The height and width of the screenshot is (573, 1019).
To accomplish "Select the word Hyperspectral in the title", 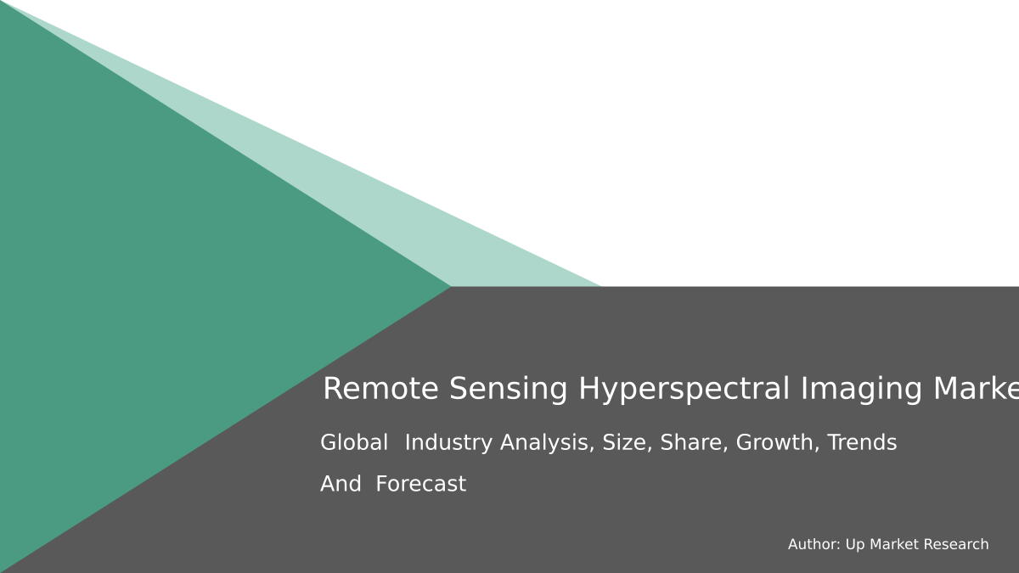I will [x=684, y=389].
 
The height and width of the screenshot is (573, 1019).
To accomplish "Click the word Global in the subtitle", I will [x=354, y=442].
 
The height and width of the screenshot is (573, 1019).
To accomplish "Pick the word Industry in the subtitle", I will [x=448, y=442].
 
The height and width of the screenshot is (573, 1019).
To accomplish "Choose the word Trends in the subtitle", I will [x=862, y=442].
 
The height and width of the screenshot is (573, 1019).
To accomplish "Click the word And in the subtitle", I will [x=341, y=484].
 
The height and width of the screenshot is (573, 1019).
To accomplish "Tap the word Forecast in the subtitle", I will [x=420, y=484].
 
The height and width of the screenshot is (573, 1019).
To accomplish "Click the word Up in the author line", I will [x=855, y=544].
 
